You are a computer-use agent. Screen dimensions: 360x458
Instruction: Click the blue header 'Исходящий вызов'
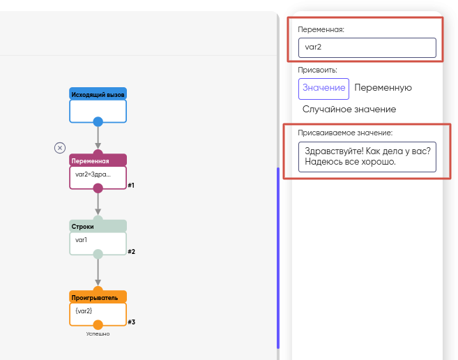[x=98, y=93]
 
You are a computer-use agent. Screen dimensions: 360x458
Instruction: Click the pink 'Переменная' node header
[x=98, y=160]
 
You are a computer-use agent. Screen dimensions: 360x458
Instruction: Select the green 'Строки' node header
[x=98, y=226]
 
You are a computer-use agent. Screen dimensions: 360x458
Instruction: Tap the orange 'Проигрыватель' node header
[x=98, y=297]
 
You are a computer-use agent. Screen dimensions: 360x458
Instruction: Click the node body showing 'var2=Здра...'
[x=98, y=174]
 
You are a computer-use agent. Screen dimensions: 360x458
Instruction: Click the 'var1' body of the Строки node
[x=98, y=241]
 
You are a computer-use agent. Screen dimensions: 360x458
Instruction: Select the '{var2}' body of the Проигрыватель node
[x=98, y=311]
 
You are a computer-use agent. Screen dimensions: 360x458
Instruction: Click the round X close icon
[x=60, y=147]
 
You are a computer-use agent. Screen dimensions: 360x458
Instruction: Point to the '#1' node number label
[x=131, y=186]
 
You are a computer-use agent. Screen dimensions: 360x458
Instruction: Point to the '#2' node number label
[x=131, y=252]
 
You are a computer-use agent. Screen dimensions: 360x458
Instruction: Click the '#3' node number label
[x=131, y=322]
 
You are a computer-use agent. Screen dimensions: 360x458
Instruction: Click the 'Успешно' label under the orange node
[x=98, y=334]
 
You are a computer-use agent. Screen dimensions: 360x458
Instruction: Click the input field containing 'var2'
[x=367, y=48]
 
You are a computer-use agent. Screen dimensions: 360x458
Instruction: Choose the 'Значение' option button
[x=323, y=88]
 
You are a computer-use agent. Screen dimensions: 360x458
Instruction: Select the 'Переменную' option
[x=383, y=88]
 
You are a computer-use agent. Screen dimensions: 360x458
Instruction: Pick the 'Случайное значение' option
[x=349, y=110]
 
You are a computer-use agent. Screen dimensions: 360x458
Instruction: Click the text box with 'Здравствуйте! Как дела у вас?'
[x=367, y=157]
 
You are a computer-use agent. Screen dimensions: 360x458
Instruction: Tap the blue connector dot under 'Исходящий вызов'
[x=98, y=122]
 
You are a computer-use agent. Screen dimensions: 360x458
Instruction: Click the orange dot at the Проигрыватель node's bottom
[x=98, y=324]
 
